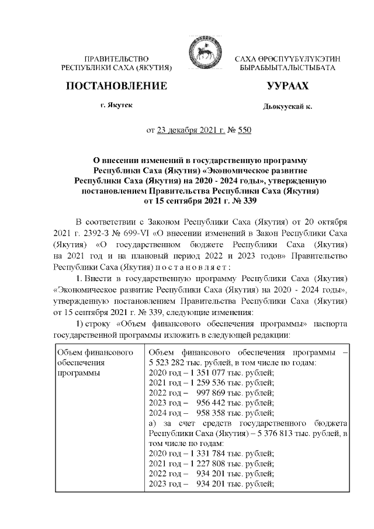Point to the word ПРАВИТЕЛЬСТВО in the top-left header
click(x=117, y=60)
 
